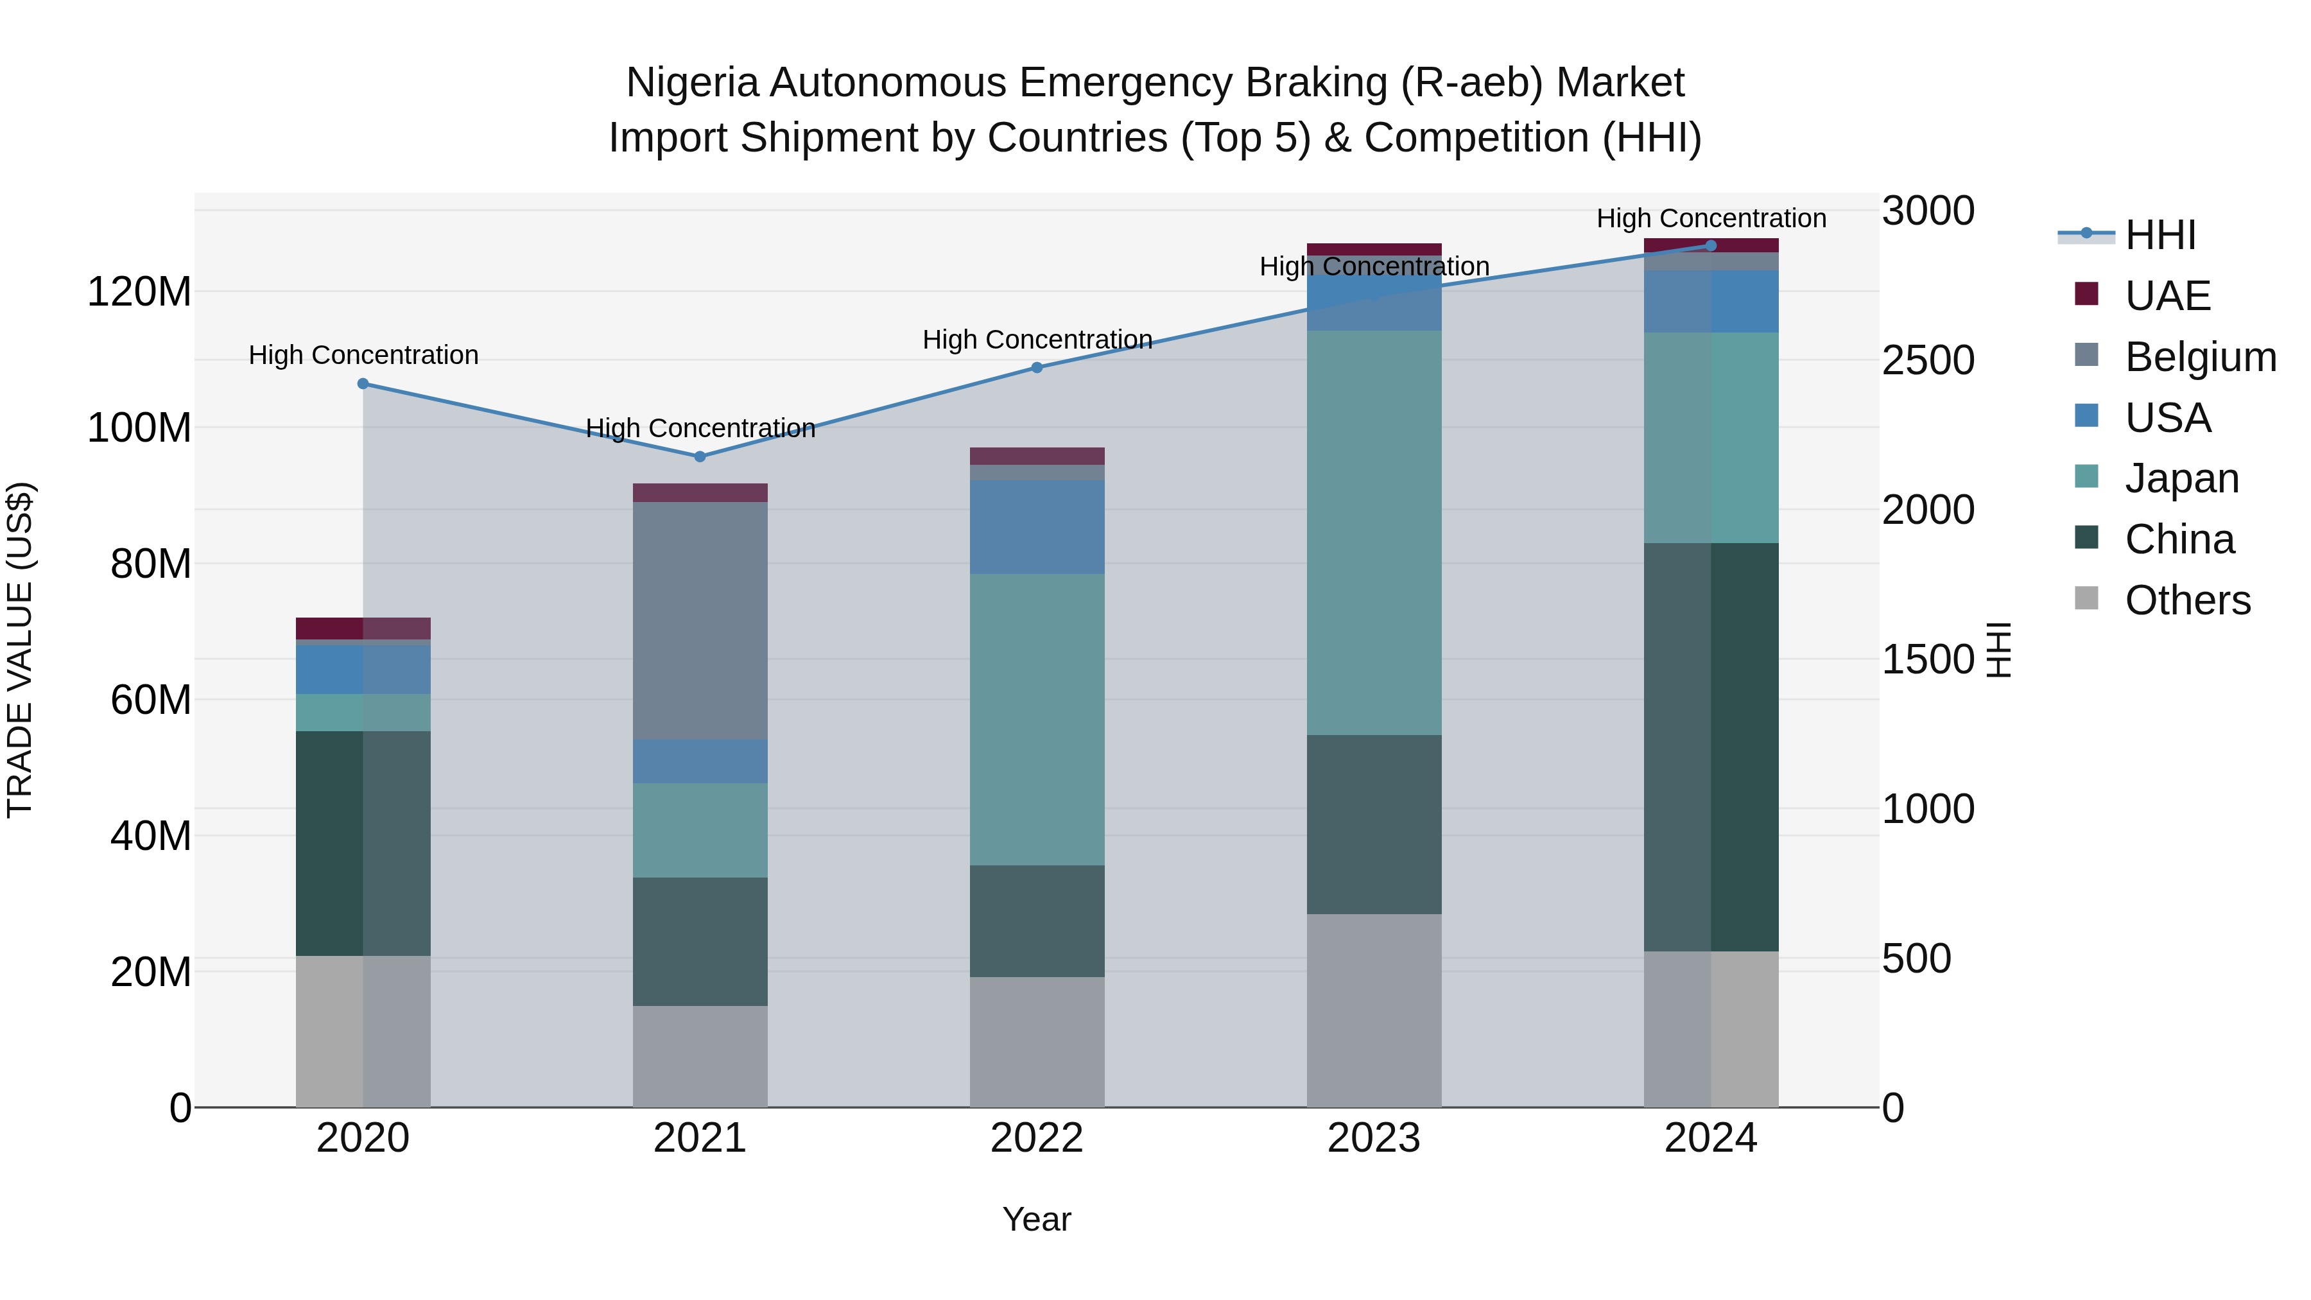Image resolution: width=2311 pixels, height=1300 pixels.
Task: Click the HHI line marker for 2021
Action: pyautogui.click(x=700, y=456)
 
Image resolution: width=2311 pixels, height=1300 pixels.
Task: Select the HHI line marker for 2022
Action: pyautogui.click(x=1037, y=367)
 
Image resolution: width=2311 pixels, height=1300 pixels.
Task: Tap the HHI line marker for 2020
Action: pyautogui.click(x=363, y=384)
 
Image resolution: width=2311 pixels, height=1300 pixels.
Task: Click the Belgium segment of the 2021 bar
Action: pyautogui.click(x=700, y=620)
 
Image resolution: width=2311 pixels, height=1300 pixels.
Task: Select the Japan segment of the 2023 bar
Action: pyautogui.click(x=1374, y=533)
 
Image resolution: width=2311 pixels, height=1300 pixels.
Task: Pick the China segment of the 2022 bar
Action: pyautogui.click(x=1037, y=921)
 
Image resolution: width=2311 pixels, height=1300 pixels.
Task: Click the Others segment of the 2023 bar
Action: pyautogui.click(x=1374, y=1010)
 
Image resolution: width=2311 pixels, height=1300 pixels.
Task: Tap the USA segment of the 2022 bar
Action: pyautogui.click(x=1037, y=526)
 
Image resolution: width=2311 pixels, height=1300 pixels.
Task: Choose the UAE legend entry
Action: pyautogui.click(x=2167, y=296)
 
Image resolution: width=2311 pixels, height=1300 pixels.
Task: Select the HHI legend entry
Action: pyautogui.click(x=2160, y=235)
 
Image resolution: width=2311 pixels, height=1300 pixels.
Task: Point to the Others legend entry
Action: pyautogui.click(x=2187, y=600)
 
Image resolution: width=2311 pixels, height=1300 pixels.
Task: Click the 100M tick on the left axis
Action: pyautogui.click(x=139, y=428)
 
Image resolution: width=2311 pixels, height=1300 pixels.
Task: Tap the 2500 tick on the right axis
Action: pyautogui.click(x=1928, y=361)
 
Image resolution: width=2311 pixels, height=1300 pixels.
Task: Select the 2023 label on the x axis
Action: pyautogui.click(x=1374, y=1138)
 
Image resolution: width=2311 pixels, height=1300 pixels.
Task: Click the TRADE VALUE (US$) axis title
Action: pyautogui.click(x=21, y=650)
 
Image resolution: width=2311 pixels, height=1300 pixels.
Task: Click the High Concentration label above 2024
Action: pyautogui.click(x=1711, y=218)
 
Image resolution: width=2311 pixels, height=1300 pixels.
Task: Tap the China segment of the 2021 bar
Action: pyautogui.click(x=700, y=941)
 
